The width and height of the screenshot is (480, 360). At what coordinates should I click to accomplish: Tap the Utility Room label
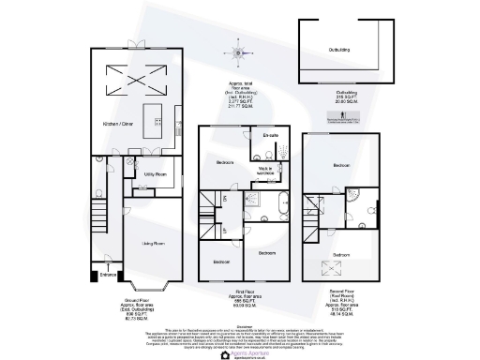coord(156,174)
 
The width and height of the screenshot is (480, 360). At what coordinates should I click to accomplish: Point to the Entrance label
coord(108,275)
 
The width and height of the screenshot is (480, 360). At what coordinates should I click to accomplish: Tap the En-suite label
coord(272,137)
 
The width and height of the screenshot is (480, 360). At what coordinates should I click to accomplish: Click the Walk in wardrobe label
coord(266,171)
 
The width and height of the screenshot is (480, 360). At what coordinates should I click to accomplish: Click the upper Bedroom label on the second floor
coord(340,166)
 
